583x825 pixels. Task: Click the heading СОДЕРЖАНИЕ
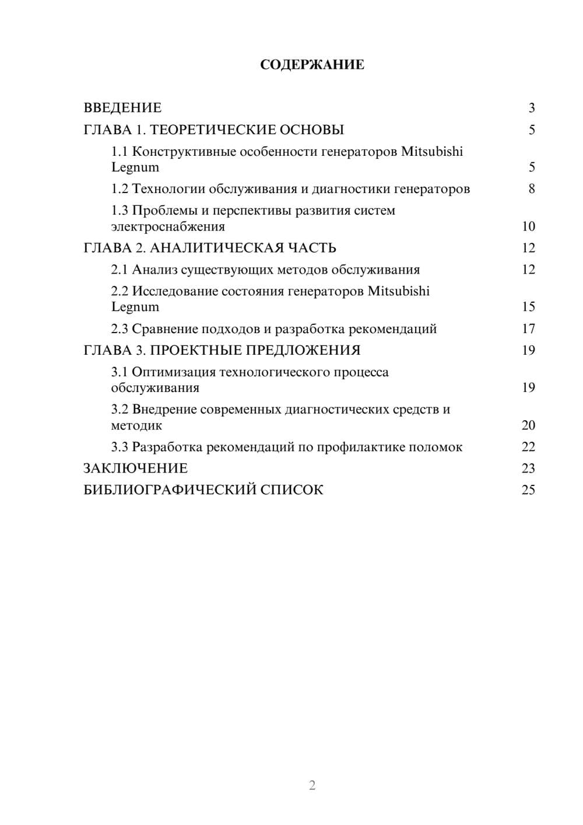click(x=312, y=65)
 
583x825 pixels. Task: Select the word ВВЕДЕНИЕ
click(x=122, y=108)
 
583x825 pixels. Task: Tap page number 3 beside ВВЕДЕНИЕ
click(x=531, y=108)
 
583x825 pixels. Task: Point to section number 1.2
click(x=120, y=189)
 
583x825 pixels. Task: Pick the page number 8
click(x=531, y=189)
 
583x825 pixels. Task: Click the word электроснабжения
click(x=168, y=226)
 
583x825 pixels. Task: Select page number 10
click(x=528, y=226)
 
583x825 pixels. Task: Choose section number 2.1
click(x=120, y=270)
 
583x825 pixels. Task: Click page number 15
click(x=528, y=307)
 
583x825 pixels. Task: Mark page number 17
click(x=528, y=329)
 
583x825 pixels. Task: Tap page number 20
click(x=528, y=425)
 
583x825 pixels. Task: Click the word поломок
click(x=436, y=448)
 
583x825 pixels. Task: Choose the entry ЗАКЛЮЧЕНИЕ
click(x=136, y=469)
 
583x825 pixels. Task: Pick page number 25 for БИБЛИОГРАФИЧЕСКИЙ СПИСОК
click(x=528, y=490)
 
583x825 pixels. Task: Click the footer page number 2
click(x=312, y=785)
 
